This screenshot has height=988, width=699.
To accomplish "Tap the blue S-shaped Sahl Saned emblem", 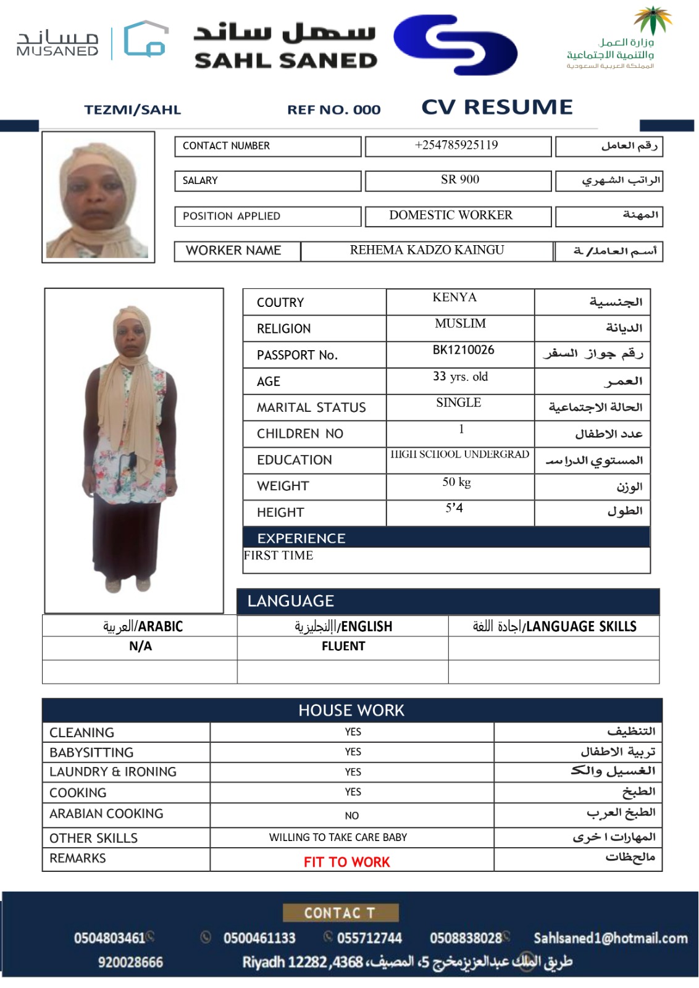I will (x=455, y=44).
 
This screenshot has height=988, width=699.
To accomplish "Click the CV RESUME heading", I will (x=496, y=107).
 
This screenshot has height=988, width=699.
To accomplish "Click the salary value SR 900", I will (x=459, y=180).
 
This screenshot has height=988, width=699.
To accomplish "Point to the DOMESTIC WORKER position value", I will (x=451, y=215).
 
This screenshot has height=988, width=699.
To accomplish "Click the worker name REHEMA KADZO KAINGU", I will (x=427, y=250).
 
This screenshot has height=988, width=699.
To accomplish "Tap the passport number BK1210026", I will (x=463, y=350).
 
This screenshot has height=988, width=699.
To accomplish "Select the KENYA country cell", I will (x=454, y=298).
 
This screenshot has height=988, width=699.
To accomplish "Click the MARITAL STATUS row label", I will (x=311, y=408).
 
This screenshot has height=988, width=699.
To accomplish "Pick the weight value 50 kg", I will (x=456, y=482).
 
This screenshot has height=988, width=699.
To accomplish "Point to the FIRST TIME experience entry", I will (x=278, y=556).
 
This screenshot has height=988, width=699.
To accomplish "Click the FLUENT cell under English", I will (x=343, y=647).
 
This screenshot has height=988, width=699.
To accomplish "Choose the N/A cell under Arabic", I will (x=140, y=647).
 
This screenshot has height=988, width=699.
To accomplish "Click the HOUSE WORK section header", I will (x=351, y=711).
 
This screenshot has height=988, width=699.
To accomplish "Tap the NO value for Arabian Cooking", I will (x=352, y=816).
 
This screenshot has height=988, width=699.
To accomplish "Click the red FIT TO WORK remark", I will (x=346, y=862).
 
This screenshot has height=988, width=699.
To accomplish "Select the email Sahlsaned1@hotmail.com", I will (x=610, y=938).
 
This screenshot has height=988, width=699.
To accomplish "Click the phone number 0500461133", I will (x=259, y=938).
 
